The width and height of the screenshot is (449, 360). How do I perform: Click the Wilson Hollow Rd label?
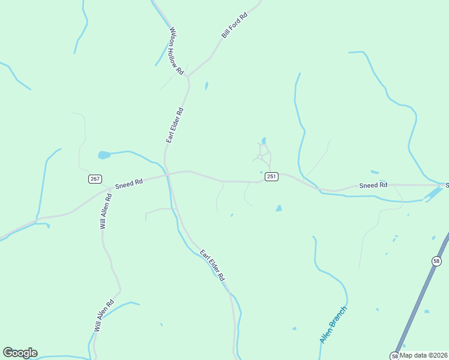(x=176, y=51)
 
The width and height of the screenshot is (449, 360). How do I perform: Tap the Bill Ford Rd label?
(x=234, y=25)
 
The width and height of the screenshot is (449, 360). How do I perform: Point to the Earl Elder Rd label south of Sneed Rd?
(x=212, y=265)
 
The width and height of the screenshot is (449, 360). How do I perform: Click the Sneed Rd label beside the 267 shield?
(x=129, y=183)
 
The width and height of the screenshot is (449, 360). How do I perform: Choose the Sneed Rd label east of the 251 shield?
(x=373, y=185)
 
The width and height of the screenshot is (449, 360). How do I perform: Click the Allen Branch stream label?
(x=333, y=325)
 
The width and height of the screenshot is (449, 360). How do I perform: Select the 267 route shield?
(x=94, y=179)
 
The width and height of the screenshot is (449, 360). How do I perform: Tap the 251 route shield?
(x=271, y=176)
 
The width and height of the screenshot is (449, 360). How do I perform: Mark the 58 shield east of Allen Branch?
(x=436, y=260)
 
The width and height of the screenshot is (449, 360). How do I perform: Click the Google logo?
(x=20, y=353)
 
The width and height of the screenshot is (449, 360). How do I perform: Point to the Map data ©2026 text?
(x=423, y=355)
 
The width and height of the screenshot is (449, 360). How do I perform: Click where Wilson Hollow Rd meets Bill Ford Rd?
(x=188, y=76)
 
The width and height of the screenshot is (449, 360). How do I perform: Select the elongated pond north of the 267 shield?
(x=104, y=155)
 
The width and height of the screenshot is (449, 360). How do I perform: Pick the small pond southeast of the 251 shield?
(x=279, y=209)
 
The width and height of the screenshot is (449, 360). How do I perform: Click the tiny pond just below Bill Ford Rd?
(x=206, y=86)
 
